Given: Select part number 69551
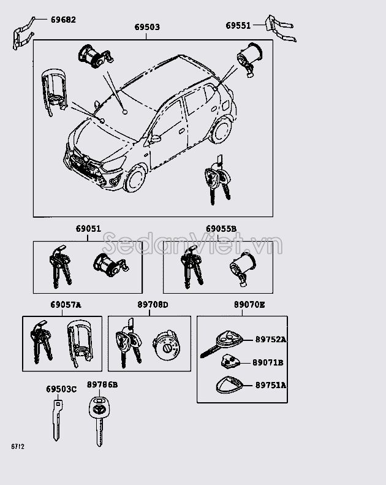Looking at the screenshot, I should [x=238, y=25].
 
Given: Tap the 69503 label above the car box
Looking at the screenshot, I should [x=147, y=28].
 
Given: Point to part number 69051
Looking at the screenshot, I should [x=88, y=229].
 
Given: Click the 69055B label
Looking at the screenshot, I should [x=221, y=229].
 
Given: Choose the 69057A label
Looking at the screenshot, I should [x=66, y=305].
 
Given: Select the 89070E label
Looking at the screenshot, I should [x=249, y=305].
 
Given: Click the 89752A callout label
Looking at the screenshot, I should [x=271, y=339].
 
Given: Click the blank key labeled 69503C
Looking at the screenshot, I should [x=57, y=420].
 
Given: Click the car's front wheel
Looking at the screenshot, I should [x=136, y=180].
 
